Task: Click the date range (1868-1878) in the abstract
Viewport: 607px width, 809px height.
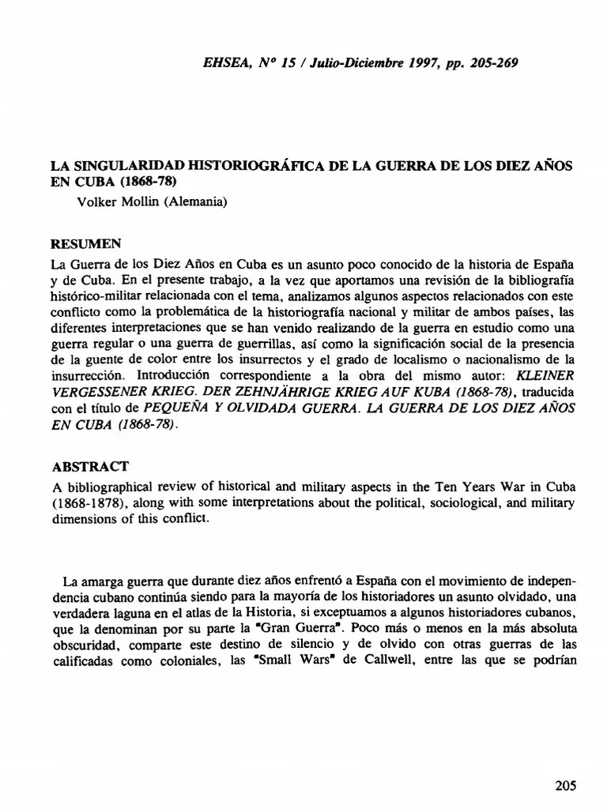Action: [x=89, y=503]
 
